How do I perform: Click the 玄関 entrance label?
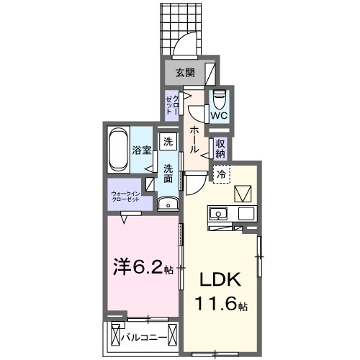(x=184, y=72)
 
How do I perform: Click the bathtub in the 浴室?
(x=119, y=150)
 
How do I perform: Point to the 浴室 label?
(x=141, y=151)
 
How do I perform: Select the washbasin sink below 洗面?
(x=167, y=202)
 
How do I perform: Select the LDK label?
(x=220, y=279)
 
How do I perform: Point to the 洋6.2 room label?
(x=140, y=268)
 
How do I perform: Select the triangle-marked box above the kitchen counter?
(x=243, y=193)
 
